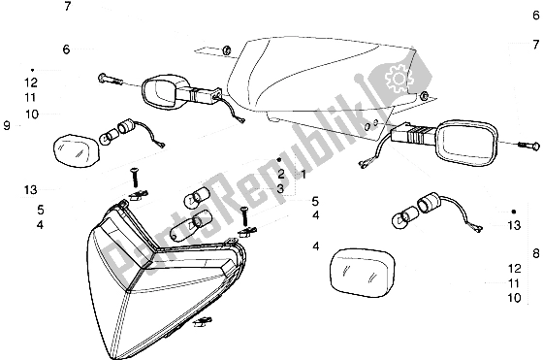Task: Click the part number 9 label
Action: point(7,125)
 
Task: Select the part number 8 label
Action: point(535,253)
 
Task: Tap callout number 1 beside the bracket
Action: point(303,175)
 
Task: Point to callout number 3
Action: point(280,189)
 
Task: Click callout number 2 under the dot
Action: point(280,174)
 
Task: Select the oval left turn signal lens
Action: point(76,148)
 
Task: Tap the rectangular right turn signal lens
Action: point(362,273)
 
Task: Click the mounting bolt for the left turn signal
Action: point(110,80)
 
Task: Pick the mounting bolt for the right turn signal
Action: point(528,146)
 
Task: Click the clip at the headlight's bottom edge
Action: point(203,321)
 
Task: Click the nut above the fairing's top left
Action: point(227,50)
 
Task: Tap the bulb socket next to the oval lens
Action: point(125,126)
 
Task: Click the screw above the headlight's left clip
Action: point(134,177)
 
